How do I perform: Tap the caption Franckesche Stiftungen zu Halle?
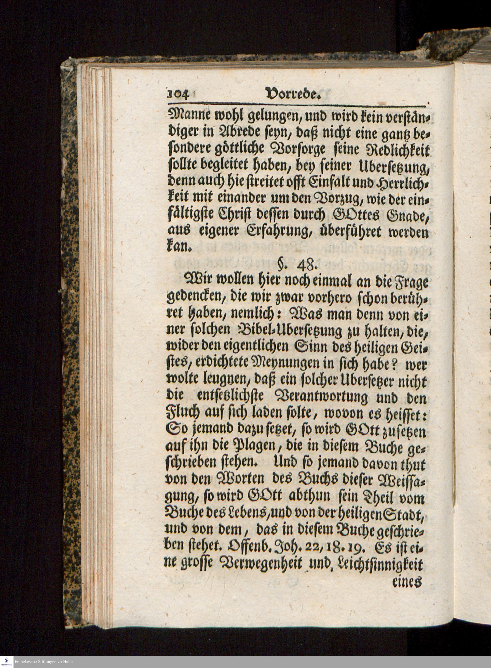(43, 662)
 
